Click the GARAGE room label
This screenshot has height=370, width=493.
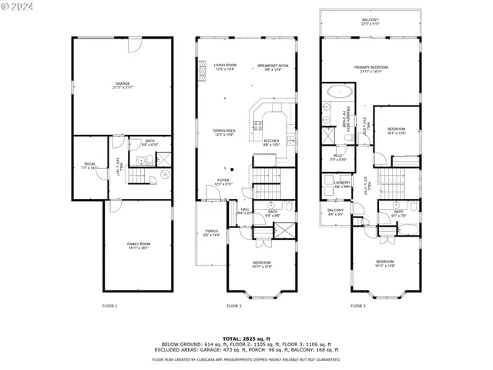(x=122, y=83)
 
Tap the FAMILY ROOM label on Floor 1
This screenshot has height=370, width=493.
(x=139, y=245)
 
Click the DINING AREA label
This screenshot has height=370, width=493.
(x=224, y=132)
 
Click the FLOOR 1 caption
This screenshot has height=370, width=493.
(x=110, y=306)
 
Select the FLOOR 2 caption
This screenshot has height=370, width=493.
(x=234, y=306)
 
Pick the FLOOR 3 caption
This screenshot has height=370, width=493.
(x=357, y=306)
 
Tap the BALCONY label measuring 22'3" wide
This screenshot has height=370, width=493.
(x=371, y=22)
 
